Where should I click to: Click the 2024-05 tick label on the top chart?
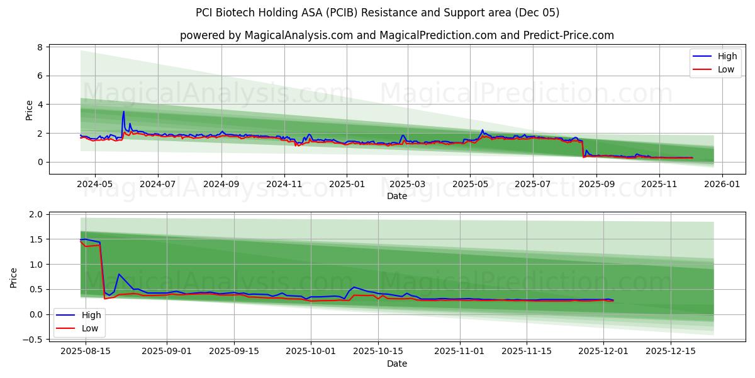coord(94,183)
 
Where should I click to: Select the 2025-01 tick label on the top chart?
coord(346,183)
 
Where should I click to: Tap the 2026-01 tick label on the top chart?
coord(722,183)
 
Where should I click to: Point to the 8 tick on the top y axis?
coord(40,47)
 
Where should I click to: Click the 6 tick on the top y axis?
coord(40,76)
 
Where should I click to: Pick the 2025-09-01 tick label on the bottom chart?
coord(167,351)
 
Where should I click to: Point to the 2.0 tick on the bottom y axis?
coord(36,214)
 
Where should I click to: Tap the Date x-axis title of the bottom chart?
coord(396,364)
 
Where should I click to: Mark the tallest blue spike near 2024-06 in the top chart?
coord(123,112)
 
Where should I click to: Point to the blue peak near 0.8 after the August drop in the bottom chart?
coord(119,274)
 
